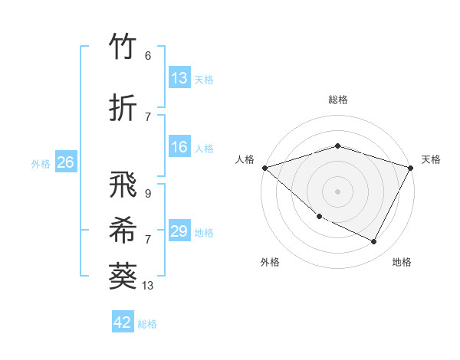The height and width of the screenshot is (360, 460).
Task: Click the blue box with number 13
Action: click(179, 78)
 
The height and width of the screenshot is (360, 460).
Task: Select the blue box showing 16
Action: click(179, 148)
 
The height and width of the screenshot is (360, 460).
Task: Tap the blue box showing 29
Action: click(179, 231)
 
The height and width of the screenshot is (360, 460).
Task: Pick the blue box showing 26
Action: click(65, 162)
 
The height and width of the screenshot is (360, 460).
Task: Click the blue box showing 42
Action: click(123, 322)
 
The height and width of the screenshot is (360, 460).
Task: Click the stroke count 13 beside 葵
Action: click(148, 286)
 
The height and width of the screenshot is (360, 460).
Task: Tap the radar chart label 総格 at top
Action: click(337, 100)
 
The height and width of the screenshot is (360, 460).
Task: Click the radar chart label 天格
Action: click(431, 159)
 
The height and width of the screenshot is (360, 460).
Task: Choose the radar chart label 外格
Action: click(270, 262)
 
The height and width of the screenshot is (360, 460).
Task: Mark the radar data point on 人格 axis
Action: click(264, 168)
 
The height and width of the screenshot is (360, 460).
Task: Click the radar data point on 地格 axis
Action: click(374, 242)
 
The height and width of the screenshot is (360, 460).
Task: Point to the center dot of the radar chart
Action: click(337, 191)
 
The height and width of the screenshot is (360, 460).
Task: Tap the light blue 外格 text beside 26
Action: click(41, 163)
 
